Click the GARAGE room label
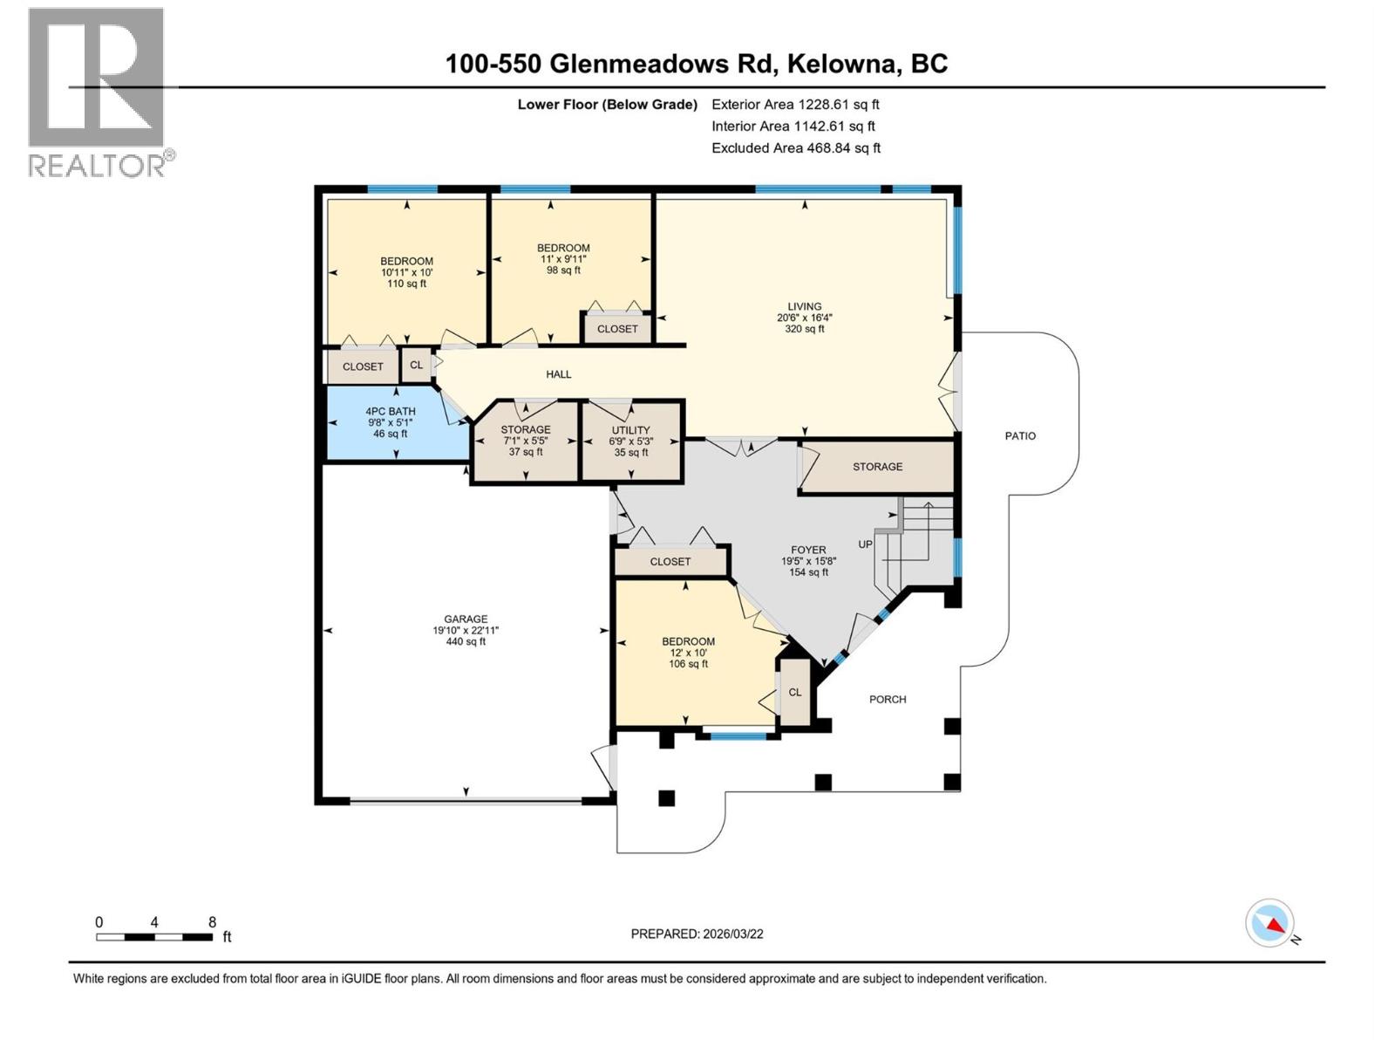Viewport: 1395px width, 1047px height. point(466,619)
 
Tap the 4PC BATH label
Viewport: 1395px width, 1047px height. point(390,412)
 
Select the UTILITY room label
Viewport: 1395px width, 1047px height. point(630,430)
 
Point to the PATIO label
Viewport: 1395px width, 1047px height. point(1020,436)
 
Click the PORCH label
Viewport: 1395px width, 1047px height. point(888,700)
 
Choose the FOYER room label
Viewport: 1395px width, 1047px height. point(808,551)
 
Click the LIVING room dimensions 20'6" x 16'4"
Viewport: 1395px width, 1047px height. point(804,318)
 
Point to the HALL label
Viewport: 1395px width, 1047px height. point(559,374)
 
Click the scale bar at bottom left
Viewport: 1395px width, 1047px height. point(154,937)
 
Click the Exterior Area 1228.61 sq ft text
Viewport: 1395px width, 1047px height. point(795,105)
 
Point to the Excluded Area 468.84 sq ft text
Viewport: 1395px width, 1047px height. point(796,148)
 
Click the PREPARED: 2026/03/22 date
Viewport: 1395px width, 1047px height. point(697,934)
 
